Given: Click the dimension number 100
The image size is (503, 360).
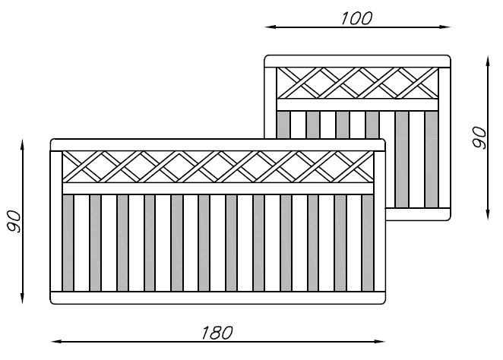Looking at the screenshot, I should (x=356, y=18).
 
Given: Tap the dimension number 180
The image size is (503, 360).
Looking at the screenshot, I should (x=217, y=332).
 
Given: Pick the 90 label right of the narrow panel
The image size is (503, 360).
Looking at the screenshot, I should (x=479, y=137).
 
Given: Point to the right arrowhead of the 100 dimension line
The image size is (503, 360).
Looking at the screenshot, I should (x=447, y=27).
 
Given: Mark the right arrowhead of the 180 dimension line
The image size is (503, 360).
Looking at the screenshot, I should (x=380, y=341).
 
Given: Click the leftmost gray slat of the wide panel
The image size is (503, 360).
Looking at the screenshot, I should (x=68, y=242).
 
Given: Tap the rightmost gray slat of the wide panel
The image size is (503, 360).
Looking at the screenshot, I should (x=367, y=242).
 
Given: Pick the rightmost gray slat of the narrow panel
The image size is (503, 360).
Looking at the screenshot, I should (x=432, y=159).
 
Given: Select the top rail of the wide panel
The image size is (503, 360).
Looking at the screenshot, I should (x=217, y=144).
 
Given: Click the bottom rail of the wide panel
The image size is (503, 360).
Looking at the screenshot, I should (x=217, y=297).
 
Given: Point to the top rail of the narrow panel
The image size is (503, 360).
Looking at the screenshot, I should (x=357, y=61).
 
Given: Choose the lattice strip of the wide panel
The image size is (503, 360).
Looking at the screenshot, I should (x=217, y=166).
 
